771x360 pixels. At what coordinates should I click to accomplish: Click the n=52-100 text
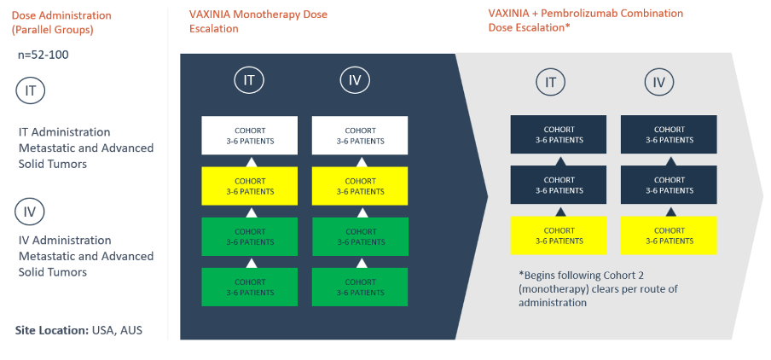click(43, 55)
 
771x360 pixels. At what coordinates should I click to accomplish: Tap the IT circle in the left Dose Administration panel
click(31, 91)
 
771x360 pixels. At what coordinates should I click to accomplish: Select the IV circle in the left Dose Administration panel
click(31, 212)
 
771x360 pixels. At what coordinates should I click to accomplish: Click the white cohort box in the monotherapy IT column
click(249, 136)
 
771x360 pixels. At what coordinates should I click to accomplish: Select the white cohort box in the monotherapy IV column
click(360, 136)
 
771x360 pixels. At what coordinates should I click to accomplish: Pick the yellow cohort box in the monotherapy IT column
click(249, 186)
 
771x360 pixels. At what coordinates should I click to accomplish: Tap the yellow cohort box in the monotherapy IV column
click(360, 186)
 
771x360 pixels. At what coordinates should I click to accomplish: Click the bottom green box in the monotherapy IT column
click(249, 287)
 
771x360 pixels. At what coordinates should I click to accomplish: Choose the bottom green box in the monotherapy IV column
click(360, 287)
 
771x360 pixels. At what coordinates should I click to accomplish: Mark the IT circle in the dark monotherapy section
click(249, 81)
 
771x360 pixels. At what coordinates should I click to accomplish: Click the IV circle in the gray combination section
click(659, 83)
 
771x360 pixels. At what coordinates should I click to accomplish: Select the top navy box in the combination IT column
click(559, 135)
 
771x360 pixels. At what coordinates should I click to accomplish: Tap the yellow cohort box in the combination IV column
click(669, 235)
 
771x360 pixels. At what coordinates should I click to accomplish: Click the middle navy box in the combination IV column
click(669, 185)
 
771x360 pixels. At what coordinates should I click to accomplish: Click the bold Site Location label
click(52, 330)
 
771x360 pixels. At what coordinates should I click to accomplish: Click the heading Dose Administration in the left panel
click(61, 15)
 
